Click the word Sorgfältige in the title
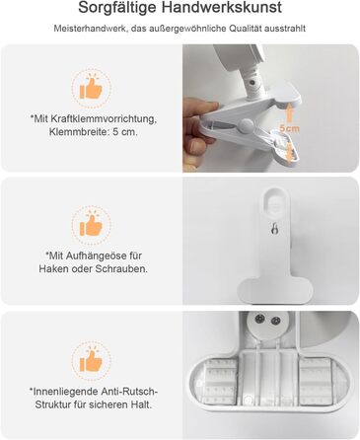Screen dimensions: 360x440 (120, 8)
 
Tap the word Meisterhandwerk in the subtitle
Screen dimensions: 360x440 (90, 29)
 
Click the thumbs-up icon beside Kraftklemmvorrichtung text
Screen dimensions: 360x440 (92, 88)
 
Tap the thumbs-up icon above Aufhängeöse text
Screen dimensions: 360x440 (92, 225)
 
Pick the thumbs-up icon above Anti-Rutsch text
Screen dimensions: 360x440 (92, 360)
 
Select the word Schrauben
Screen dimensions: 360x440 (121, 269)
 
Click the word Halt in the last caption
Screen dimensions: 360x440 (142, 404)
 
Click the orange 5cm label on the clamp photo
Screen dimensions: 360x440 (290, 128)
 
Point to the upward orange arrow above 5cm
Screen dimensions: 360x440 (289, 112)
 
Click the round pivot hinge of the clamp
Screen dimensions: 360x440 (246, 125)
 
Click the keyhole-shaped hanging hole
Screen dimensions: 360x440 (274, 229)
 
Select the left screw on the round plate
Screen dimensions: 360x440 (260, 319)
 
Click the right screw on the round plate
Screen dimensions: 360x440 (275, 320)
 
